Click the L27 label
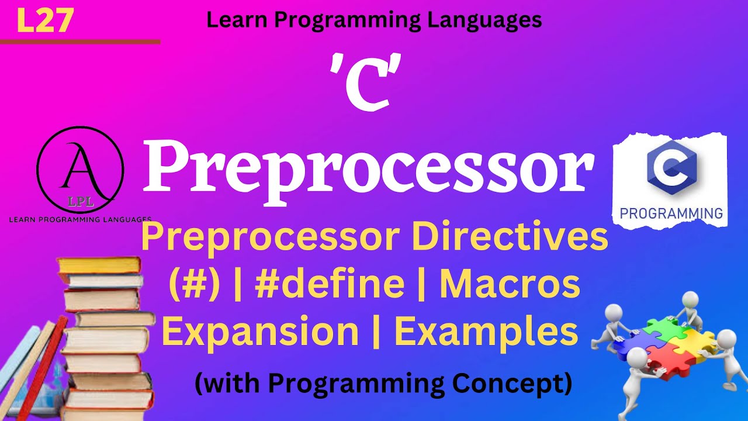click(46, 20)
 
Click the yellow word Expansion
click(261, 331)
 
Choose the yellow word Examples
click(486, 331)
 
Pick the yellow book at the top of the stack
click(99, 265)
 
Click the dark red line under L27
click(80, 42)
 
